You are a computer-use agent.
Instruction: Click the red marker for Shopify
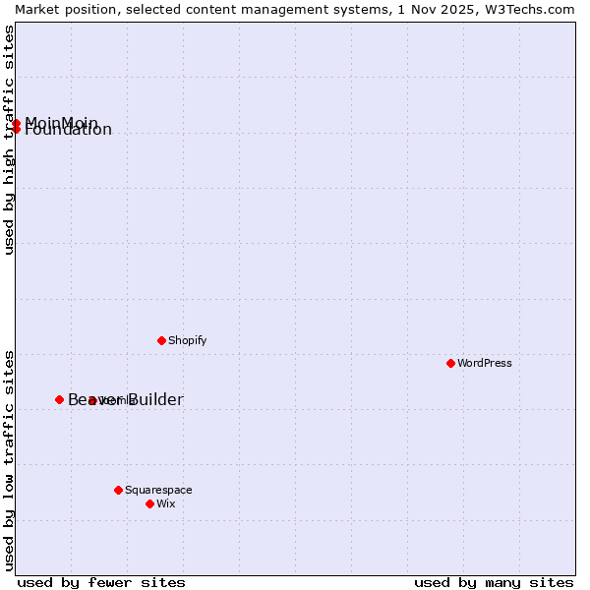pos(161,340)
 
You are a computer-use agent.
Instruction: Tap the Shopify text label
pos(187,341)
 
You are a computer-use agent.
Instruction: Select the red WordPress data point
pos(450,363)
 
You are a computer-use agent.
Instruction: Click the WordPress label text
pos(484,363)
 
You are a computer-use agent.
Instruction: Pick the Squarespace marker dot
pos(118,490)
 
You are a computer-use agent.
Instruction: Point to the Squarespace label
pos(158,490)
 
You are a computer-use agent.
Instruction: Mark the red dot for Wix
pos(149,503)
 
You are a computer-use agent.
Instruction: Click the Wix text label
pos(165,504)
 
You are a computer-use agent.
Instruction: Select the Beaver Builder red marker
pos(59,399)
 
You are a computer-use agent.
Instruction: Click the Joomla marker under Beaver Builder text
pos(91,400)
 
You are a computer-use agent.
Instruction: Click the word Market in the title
pos(38,9)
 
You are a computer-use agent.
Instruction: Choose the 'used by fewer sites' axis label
pos(101,582)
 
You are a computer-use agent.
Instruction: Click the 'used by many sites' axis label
pos(494,582)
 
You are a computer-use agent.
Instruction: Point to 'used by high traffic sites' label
pos(9,140)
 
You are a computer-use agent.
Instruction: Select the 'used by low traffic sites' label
pos(9,459)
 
